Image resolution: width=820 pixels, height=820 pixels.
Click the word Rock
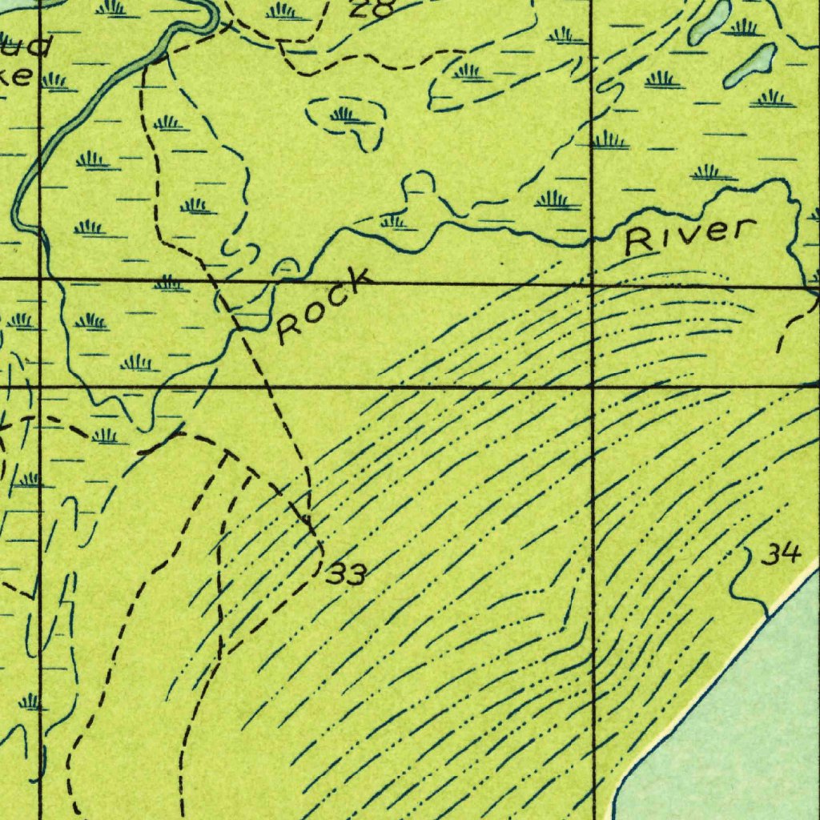pos(324,306)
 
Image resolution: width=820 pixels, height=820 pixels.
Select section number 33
pos(348,573)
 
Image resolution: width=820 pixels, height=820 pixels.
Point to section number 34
pos(780,554)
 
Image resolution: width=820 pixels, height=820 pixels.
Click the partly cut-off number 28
pos(373,8)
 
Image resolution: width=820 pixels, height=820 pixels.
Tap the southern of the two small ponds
pos(750,66)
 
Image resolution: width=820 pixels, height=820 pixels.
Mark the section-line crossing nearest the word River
pos(592,283)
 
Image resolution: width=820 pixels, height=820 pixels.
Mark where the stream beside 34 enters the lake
pos(768,617)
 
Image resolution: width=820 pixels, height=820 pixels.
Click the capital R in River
pos(639,243)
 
